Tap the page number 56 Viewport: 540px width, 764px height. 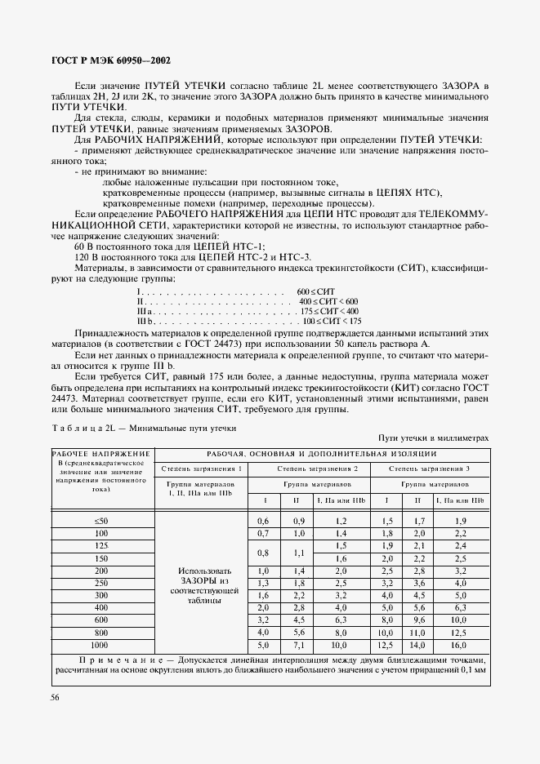point(56,697)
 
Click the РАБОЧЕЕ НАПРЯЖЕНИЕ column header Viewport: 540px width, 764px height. point(101,454)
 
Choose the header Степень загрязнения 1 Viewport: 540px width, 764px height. point(201,469)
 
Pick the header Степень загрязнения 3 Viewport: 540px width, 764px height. point(429,469)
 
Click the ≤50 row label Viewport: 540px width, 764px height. point(101,520)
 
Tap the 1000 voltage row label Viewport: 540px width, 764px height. point(101,645)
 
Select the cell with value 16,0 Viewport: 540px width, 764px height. point(460,645)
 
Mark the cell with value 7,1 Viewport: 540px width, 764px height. point(298,645)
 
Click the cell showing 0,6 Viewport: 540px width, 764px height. point(263,520)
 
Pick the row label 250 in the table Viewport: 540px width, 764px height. point(101,583)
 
